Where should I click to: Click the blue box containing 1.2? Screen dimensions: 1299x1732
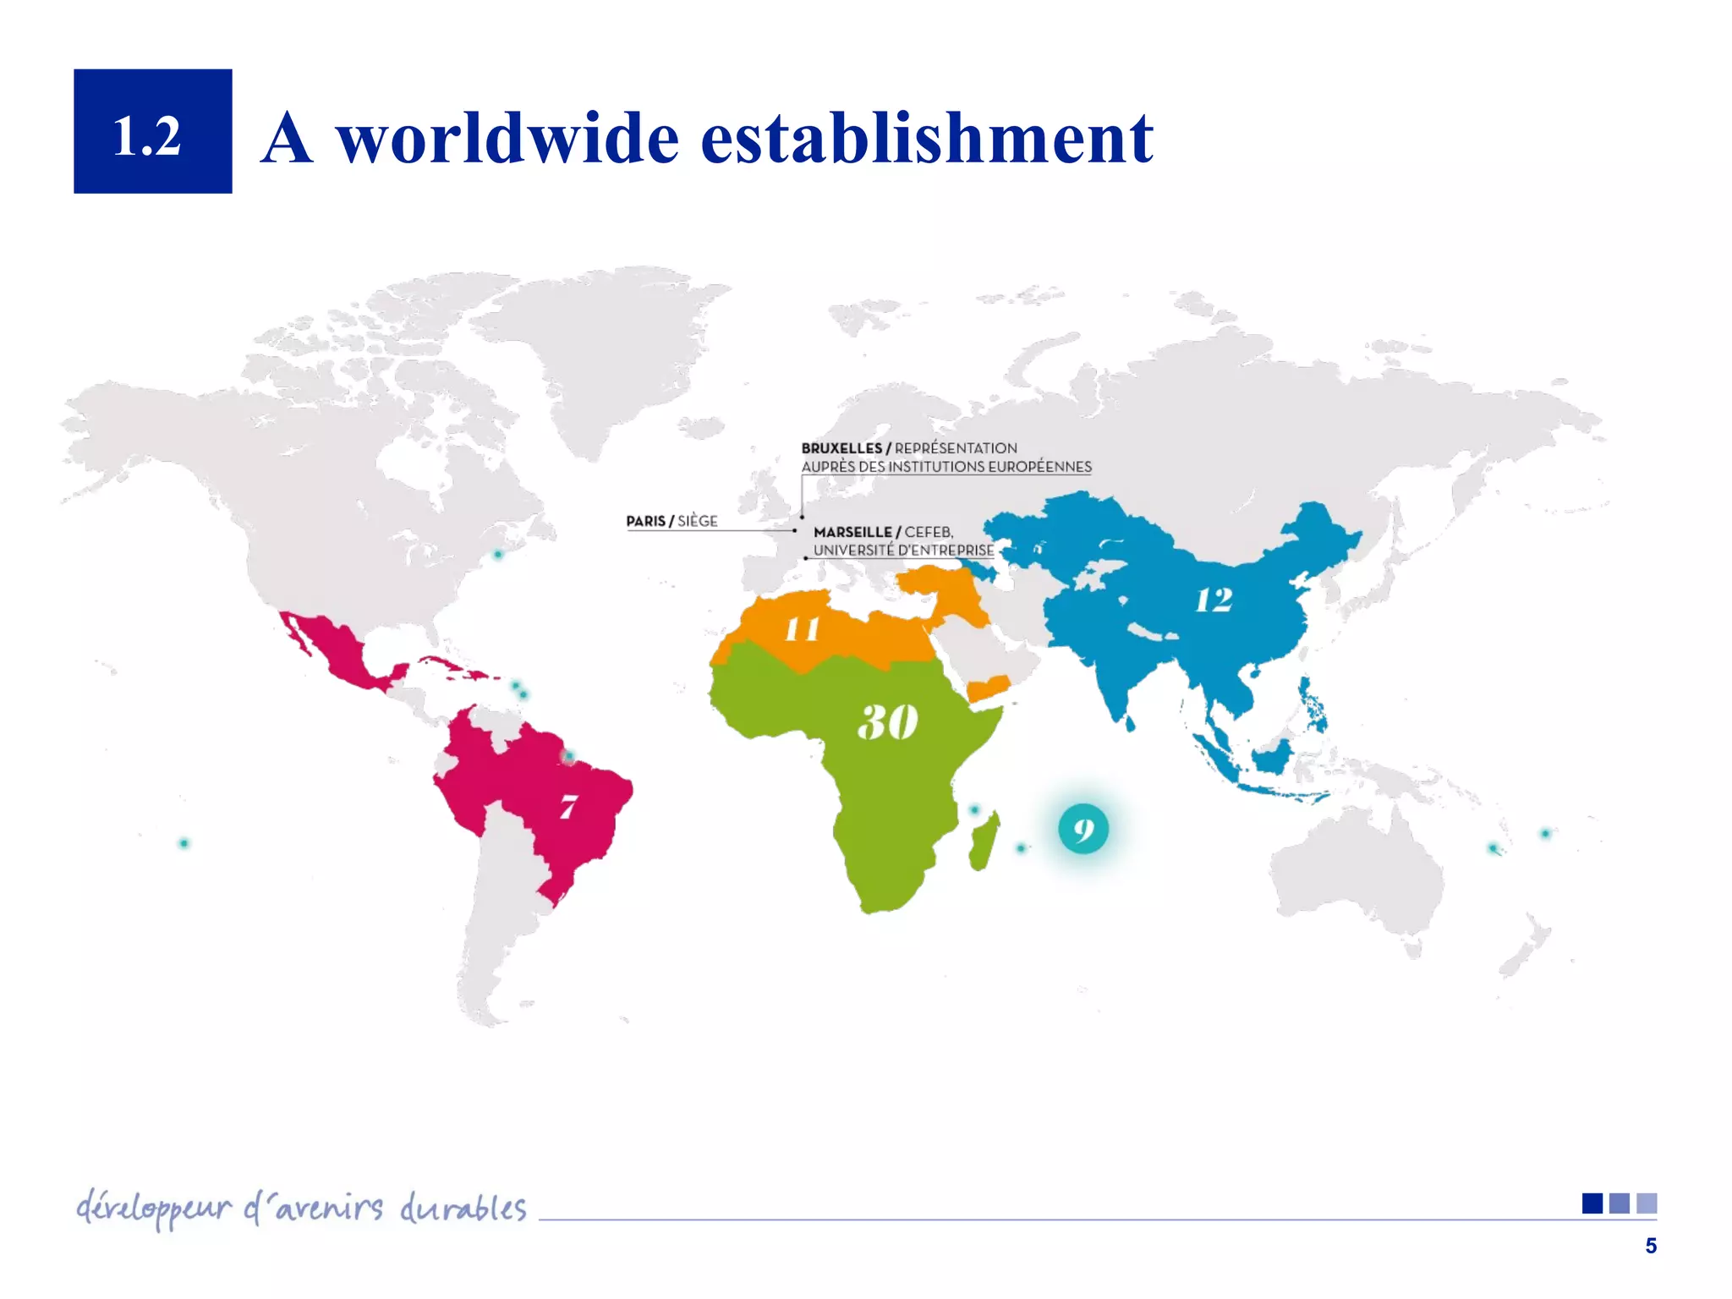(152, 131)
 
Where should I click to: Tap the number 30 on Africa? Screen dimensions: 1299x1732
(887, 721)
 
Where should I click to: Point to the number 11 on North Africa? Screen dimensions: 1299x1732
(802, 629)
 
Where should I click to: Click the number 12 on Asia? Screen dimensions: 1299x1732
(1214, 600)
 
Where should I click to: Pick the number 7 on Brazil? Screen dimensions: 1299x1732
(568, 806)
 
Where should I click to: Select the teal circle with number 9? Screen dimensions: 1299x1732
(1083, 830)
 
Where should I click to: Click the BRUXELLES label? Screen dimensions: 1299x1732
(841, 448)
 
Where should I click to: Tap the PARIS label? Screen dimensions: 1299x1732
(645, 521)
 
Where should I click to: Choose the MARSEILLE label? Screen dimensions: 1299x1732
(852, 532)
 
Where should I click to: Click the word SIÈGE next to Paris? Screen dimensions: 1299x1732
(698, 521)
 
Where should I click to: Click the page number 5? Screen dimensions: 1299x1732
(1650, 1246)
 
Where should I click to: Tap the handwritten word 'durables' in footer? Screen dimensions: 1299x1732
(463, 1209)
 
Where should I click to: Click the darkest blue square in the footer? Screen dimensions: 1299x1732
(1592, 1203)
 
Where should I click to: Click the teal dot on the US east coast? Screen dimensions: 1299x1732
(498, 555)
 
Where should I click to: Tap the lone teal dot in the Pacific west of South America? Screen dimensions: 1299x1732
(184, 843)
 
